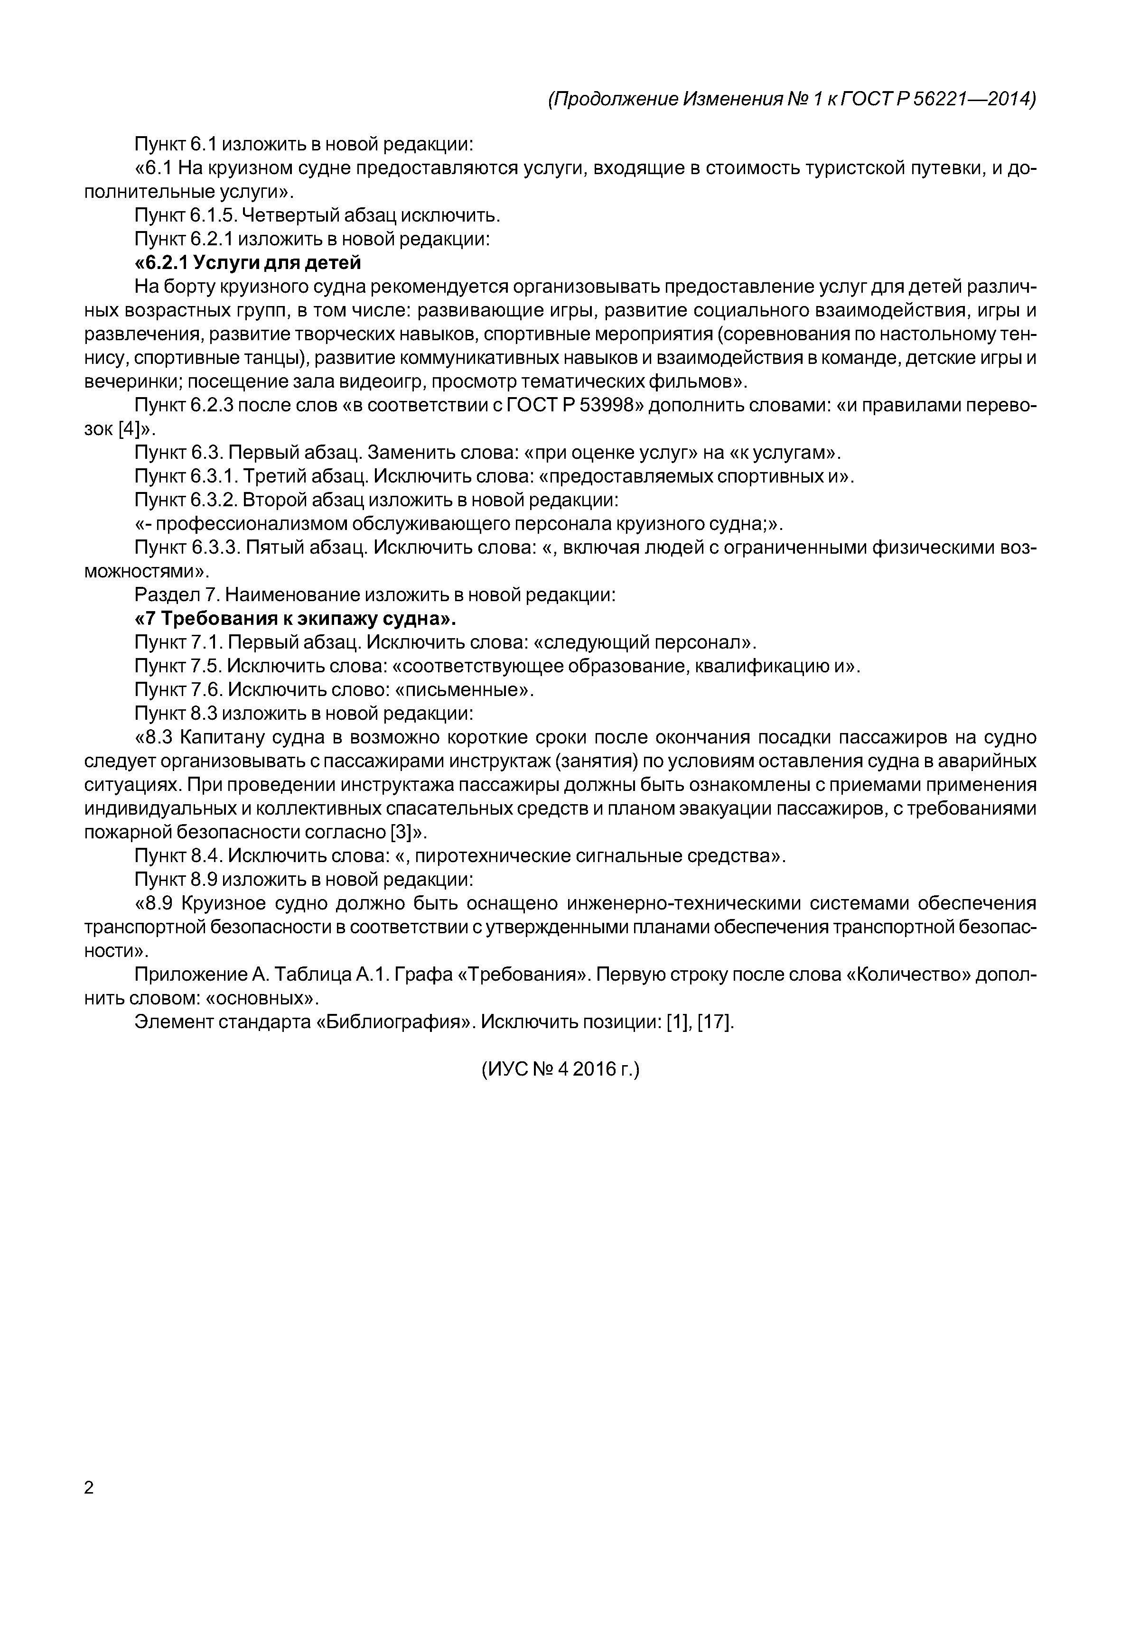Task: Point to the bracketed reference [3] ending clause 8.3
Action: tap(399, 832)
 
